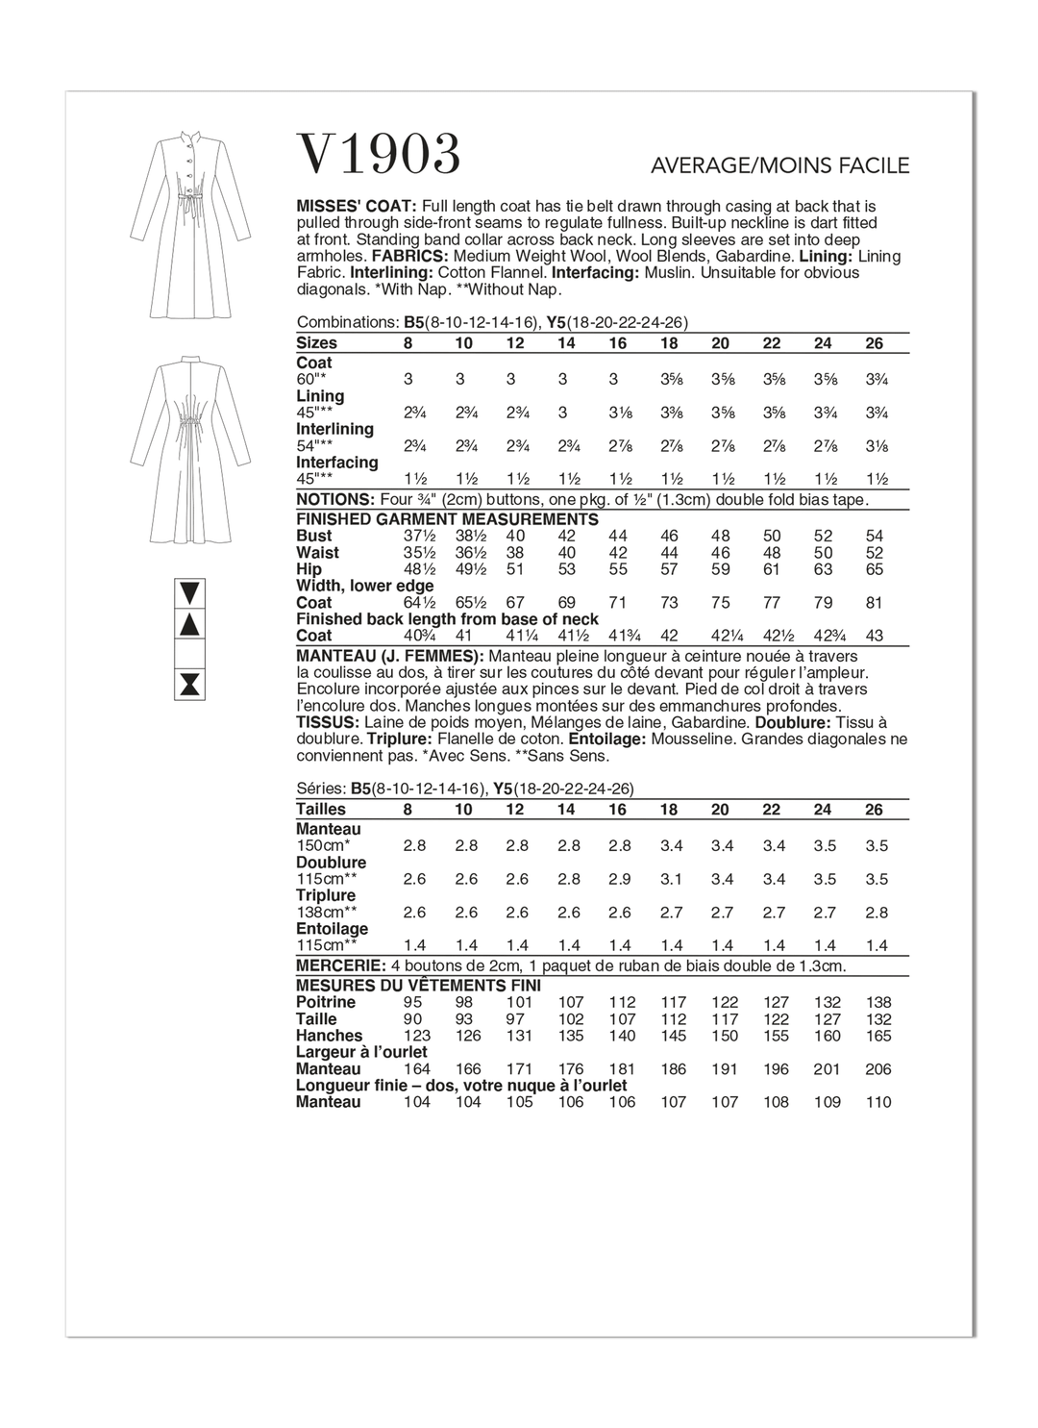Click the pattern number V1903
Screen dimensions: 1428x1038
380,155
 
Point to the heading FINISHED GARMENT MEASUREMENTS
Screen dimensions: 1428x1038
447,519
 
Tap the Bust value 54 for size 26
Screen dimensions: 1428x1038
874,537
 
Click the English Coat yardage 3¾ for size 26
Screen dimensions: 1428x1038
875,380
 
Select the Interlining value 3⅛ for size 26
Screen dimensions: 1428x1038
875,446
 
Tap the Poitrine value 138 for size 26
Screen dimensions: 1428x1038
878,1002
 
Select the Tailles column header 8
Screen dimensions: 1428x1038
408,810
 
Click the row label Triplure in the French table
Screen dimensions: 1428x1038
326,895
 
